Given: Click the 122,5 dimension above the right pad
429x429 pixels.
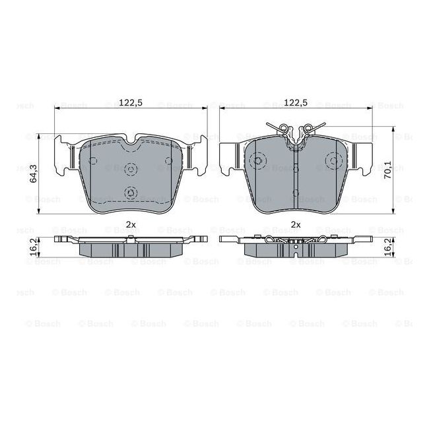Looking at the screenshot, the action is pos(296,102).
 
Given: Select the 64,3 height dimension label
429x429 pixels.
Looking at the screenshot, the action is pos(34,174).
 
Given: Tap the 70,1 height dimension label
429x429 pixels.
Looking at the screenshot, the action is pos(387,170).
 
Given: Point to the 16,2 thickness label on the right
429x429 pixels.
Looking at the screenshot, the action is pos(387,247).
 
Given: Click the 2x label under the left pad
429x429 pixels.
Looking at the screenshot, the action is pos(131,224).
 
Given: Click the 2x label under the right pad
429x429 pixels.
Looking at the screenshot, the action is pos(296,224).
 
